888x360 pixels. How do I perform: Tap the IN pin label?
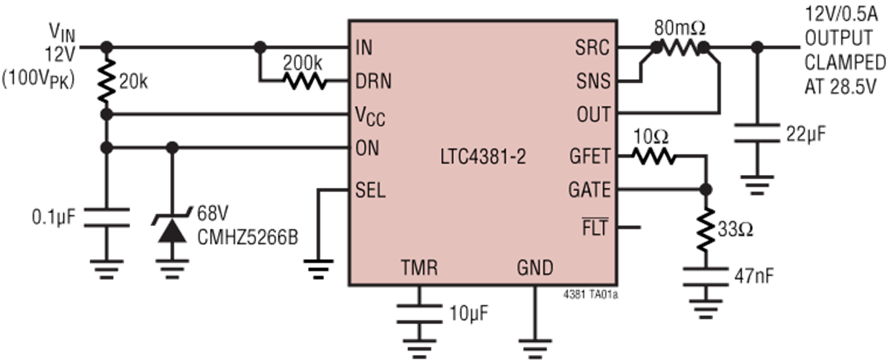tap(363, 48)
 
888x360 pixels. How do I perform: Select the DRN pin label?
tap(373, 81)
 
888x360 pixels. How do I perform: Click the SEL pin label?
tap(371, 190)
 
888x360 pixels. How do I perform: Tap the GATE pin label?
tap(589, 190)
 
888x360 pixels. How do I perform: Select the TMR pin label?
tap(419, 269)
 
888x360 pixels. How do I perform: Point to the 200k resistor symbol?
tap(306, 82)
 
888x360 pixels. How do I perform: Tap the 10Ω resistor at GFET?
tap(653, 155)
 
